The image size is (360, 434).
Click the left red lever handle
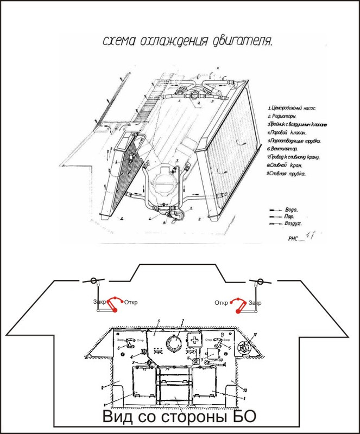112,304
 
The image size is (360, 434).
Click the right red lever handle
238,305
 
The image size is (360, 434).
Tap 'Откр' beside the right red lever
220,302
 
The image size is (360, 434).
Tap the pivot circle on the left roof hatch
93,282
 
